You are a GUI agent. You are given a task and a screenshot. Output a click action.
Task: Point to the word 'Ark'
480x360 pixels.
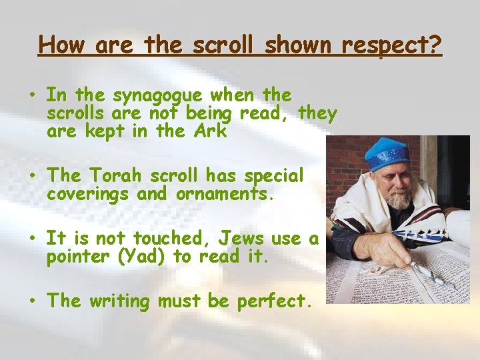pos(211,131)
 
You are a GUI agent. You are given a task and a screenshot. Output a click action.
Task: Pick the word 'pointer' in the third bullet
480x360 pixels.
pos(75,257)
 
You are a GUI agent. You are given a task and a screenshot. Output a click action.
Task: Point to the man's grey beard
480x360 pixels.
pos(399,199)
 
